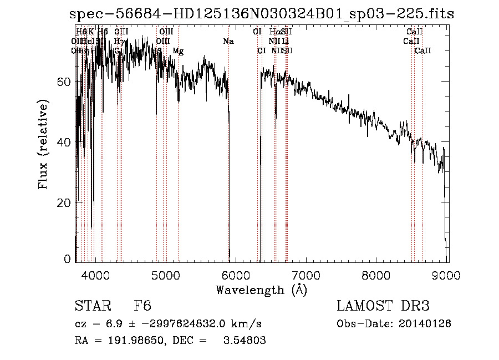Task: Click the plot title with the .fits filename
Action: tap(262, 14)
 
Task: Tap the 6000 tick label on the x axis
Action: tap(236, 274)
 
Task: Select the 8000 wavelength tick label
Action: tap(377, 274)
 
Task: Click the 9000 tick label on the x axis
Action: tap(447, 274)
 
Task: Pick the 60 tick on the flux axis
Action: tap(65, 82)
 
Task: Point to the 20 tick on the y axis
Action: tap(65, 203)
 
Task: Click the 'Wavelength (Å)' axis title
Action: tap(261, 289)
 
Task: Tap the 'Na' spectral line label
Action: tap(228, 42)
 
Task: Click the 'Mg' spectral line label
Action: tap(178, 51)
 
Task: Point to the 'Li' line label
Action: tap(285, 42)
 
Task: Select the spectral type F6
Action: tap(143, 306)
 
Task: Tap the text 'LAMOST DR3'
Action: tap(383, 306)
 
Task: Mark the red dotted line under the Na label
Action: tap(229, 166)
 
